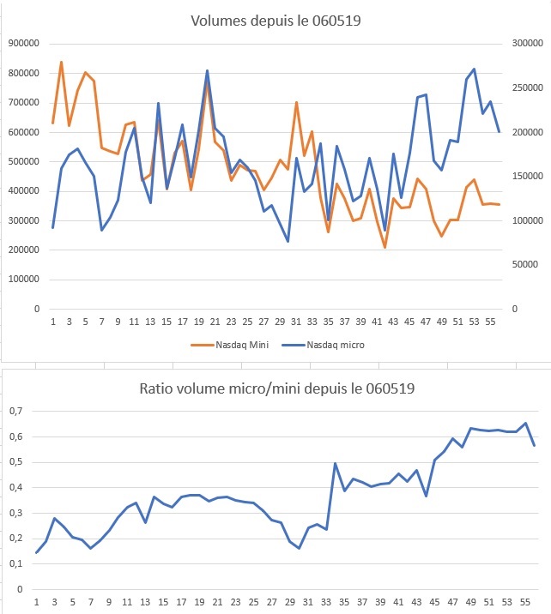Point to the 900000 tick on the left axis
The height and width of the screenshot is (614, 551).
23,43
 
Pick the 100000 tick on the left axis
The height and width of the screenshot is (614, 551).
23,279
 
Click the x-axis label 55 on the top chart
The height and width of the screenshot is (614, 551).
490,322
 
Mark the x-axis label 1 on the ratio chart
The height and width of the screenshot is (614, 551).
36,602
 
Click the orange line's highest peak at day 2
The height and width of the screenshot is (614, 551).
61,62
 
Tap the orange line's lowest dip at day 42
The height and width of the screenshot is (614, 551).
384,247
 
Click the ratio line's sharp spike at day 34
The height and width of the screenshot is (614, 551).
335,463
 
